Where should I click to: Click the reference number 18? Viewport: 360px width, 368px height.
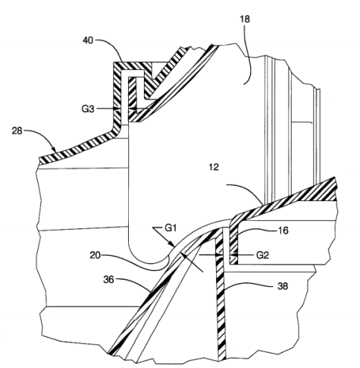[x=245, y=19]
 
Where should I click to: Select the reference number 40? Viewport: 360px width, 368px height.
[x=88, y=40]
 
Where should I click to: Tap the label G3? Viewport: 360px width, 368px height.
[x=88, y=109]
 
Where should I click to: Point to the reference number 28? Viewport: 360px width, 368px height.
[x=17, y=131]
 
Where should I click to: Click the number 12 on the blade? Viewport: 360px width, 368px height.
[x=214, y=167]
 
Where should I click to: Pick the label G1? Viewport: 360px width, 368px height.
[x=171, y=228]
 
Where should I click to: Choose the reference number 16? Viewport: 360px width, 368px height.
[x=283, y=231]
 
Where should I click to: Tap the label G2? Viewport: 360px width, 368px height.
[x=262, y=255]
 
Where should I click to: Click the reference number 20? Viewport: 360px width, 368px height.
[x=95, y=256]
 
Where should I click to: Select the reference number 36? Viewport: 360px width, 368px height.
[x=109, y=280]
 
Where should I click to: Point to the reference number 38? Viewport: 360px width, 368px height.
[x=283, y=286]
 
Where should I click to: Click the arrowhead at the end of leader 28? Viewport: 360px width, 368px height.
[x=54, y=149]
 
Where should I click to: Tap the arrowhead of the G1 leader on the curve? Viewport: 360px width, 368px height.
[x=172, y=244]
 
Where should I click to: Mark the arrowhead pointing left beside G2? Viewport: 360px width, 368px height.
[x=233, y=255]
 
